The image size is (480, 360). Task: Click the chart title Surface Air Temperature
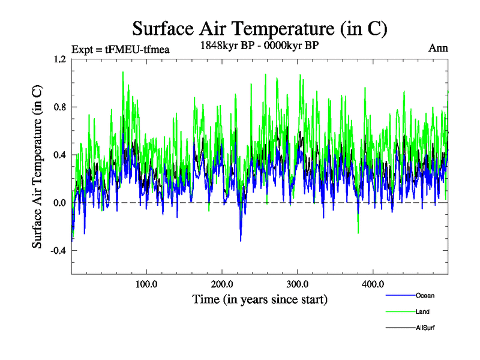(260, 29)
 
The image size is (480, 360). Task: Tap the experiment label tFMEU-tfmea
(120, 50)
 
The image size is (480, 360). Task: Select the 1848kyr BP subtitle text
(259, 45)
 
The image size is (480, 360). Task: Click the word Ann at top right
(438, 48)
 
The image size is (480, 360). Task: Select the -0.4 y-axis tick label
(58, 251)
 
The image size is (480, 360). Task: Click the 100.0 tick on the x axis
(146, 284)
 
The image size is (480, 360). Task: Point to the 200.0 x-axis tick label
(222, 284)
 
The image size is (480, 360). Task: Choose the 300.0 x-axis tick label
(298, 284)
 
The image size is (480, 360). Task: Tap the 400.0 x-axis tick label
(373, 284)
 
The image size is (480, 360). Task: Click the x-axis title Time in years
(260, 299)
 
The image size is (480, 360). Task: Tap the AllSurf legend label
(425, 328)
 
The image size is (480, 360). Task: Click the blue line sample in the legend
(399, 295)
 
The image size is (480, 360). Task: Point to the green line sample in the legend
(399, 311)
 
